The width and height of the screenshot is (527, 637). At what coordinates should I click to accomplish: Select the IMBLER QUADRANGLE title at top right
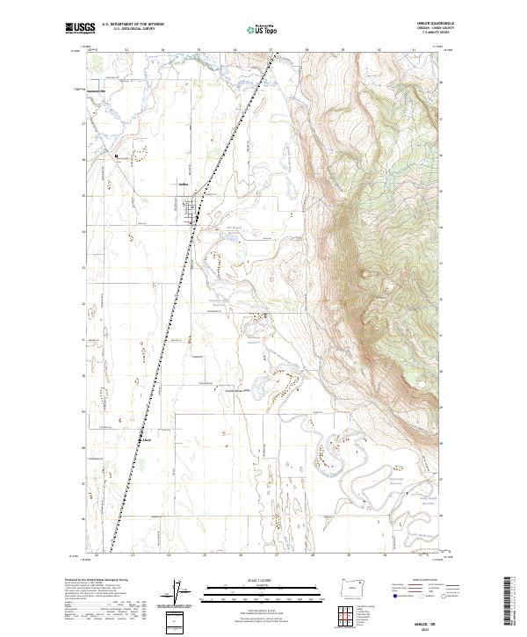click(437, 22)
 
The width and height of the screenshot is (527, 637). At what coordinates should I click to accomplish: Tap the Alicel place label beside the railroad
click(148, 440)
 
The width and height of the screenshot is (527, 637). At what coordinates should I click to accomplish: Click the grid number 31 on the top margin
click(414, 50)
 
